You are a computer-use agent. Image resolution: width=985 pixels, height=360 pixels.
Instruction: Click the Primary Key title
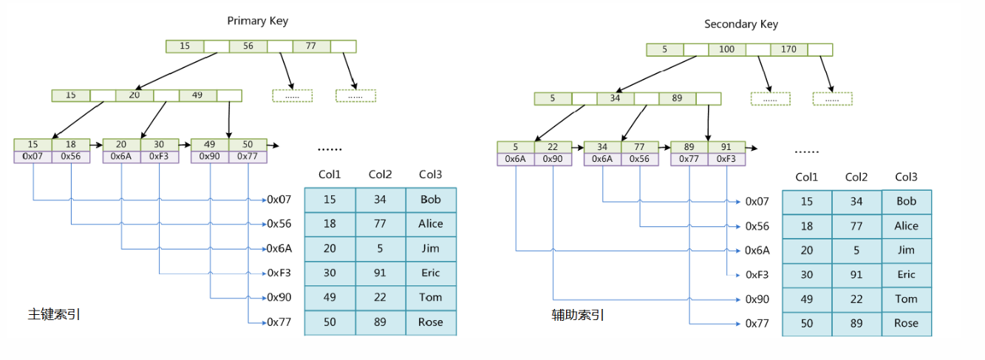click(x=257, y=21)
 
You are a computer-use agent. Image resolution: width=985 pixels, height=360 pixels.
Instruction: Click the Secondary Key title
click(x=740, y=24)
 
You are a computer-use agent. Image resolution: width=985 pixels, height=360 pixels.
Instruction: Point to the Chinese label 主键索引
click(x=54, y=314)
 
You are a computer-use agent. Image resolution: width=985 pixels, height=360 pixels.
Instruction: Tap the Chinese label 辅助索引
click(x=578, y=315)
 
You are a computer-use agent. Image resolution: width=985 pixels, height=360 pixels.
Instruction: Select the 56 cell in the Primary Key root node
click(x=248, y=46)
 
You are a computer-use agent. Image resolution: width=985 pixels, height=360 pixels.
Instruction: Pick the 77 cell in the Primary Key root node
click(x=311, y=46)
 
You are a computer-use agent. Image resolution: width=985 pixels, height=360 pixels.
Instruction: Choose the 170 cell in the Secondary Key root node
click(x=788, y=50)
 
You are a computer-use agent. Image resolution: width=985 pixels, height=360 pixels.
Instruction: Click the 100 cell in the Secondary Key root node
click(x=726, y=50)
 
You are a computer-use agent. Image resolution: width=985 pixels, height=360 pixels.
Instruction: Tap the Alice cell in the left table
click(x=431, y=223)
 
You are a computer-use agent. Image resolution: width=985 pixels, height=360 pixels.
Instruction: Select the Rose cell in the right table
click(x=906, y=323)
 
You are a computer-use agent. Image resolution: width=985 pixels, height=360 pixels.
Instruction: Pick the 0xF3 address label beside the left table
click(x=279, y=273)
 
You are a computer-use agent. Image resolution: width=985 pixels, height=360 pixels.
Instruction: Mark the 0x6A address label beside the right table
click(x=757, y=251)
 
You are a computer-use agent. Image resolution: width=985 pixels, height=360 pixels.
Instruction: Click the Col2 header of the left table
click(x=380, y=174)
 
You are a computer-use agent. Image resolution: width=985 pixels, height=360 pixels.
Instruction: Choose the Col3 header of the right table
click(x=906, y=177)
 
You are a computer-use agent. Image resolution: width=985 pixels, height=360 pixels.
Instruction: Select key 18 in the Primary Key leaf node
click(x=71, y=144)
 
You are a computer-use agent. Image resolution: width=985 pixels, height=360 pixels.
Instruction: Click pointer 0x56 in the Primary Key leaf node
click(x=71, y=157)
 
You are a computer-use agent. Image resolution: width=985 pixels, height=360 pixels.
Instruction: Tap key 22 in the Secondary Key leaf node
click(x=553, y=147)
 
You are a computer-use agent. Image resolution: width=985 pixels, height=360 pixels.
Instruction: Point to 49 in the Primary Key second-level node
click(x=197, y=95)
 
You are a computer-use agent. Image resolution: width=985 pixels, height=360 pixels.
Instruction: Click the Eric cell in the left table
click(x=431, y=273)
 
